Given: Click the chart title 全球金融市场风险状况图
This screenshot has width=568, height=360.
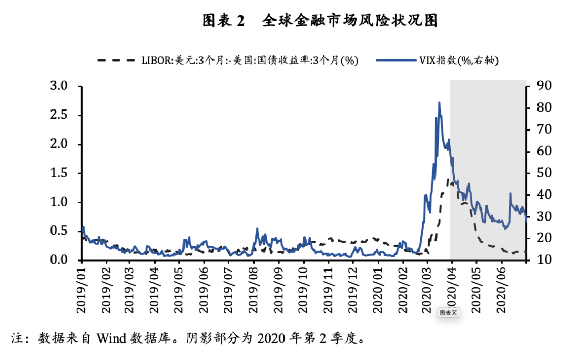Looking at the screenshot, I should click(x=350, y=21).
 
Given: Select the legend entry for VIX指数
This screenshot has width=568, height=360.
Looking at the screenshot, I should click(x=437, y=61).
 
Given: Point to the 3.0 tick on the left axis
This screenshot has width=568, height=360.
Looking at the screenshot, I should click(x=62, y=86).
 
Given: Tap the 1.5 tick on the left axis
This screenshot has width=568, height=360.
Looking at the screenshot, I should click(x=62, y=173).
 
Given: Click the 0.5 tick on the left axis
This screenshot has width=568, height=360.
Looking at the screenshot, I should click(x=62, y=231).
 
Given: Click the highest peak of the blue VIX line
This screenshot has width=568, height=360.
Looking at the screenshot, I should click(x=439, y=103).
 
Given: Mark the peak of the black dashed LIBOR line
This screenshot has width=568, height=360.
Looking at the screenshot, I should click(x=450, y=180).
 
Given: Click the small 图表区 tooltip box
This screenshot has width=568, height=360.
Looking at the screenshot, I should click(x=449, y=313).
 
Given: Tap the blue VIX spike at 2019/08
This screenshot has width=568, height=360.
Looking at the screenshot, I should click(x=257, y=229).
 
